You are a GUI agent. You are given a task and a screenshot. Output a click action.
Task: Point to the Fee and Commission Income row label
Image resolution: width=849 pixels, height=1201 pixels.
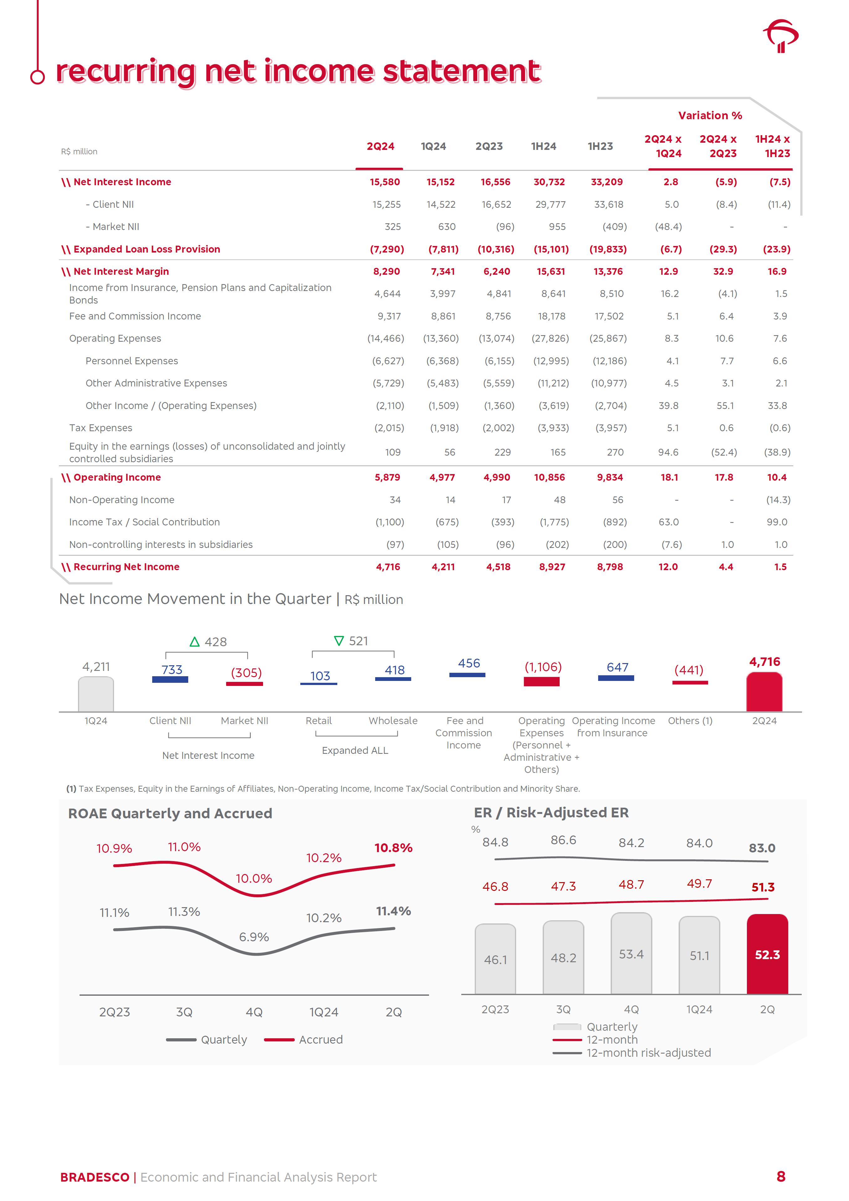pos(135,316)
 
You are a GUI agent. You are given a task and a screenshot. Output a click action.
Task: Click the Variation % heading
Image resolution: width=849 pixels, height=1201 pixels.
pos(710,115)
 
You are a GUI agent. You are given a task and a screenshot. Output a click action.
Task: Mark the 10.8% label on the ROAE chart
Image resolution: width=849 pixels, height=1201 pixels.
pos(393,848)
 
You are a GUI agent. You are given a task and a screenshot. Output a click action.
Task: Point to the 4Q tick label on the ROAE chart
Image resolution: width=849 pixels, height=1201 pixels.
pos(254,1012)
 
